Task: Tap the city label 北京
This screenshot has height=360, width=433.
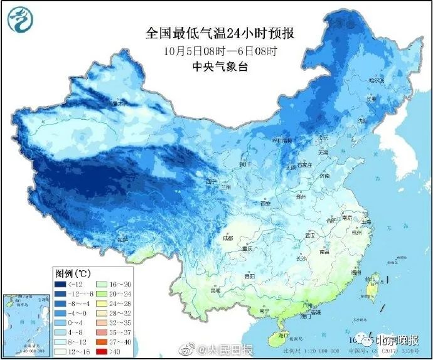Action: tap(323, 137)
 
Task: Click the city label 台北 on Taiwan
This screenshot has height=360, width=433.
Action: tap(377, 276)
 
